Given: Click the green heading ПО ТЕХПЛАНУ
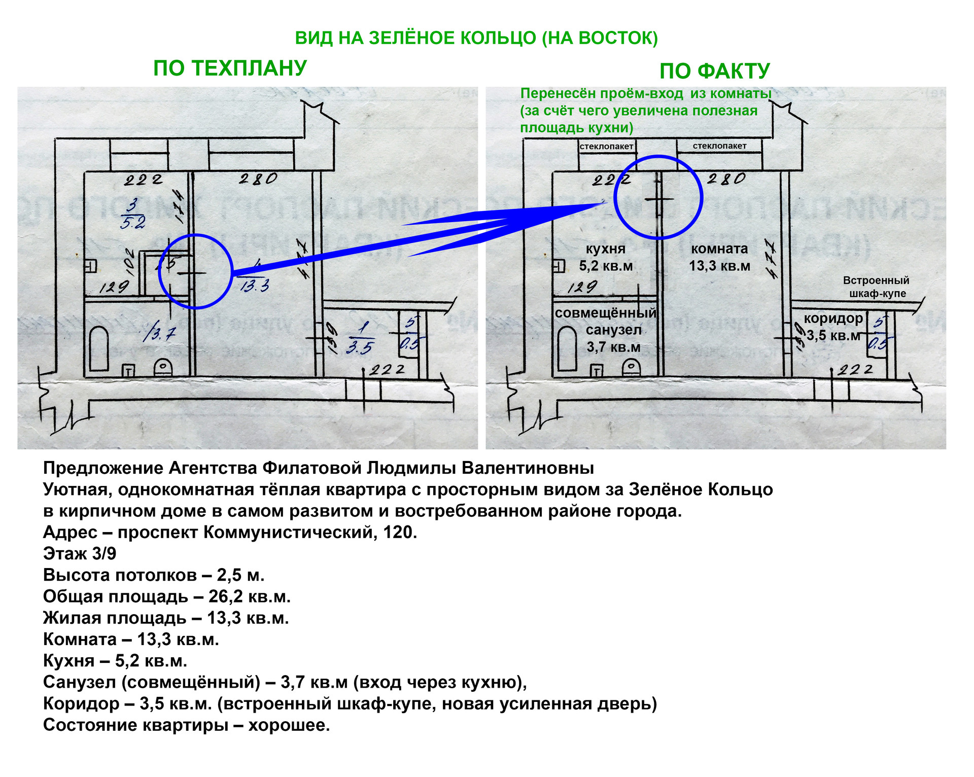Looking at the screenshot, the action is pyautogui.click(x=230, y=68).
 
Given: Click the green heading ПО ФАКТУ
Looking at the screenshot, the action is pyautogui.click(x=714, y=71).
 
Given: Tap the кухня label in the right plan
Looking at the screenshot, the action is pyautogui.click(x=606, y=249).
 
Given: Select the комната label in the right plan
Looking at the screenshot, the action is pyautogui.click(x=719, y=249).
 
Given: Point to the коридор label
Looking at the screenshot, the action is pyautogui.click(x=833, y=319).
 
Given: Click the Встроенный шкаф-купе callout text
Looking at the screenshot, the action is pyautogui.click(x=876, y=287).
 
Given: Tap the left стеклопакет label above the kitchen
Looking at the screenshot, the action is pyautogui.click(x=606, y=147).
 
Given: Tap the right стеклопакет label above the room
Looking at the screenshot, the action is pyautogui.click(x=719, y=146).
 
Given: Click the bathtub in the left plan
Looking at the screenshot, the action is pyautogui.click(x=99, y=349).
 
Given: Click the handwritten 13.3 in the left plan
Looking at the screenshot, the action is pyautogui.click(x=255, y=286).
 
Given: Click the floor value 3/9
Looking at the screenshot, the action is pyautogui.click(x=105, y=554).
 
